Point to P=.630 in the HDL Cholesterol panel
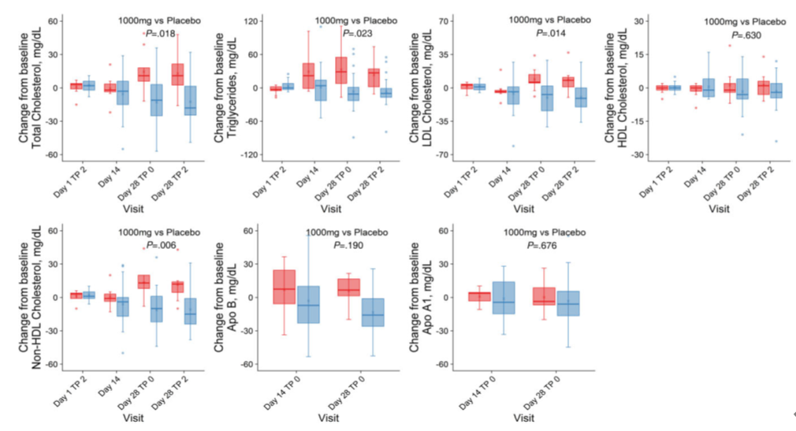[x=745, y=35]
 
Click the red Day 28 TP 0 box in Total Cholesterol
[x=143, y=74]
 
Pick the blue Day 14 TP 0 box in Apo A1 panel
[x=503, y=298]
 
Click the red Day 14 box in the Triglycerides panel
[x=308, y=76]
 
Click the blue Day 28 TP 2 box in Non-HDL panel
[x=189, y=311]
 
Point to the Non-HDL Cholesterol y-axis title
[x=38, y=298]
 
